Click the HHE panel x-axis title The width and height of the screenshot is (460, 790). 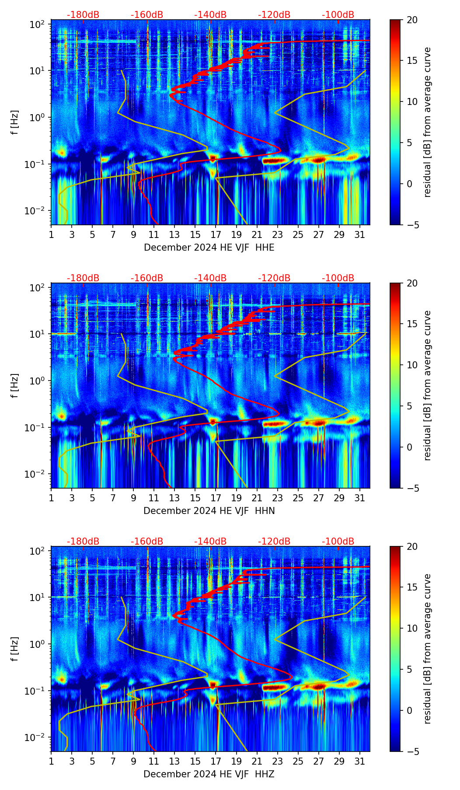209,248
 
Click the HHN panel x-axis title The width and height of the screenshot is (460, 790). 209,511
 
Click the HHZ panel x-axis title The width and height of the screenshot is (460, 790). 209,774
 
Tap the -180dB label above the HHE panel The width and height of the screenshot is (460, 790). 83,15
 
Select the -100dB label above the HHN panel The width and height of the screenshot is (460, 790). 338,278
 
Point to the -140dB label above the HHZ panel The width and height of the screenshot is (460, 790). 210,542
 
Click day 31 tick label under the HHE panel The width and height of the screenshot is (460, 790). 360,234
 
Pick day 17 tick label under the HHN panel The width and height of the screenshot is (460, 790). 216,498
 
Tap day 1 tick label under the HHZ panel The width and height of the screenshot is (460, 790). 51,761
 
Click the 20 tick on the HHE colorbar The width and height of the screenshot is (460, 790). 412,20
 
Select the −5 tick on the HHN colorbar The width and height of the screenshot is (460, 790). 412,488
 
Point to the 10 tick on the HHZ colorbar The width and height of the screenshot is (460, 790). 412,628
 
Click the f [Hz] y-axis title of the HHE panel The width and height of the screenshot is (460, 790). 15,122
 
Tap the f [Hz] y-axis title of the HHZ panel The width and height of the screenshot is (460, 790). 15,649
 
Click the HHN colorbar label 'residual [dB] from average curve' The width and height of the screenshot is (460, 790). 427,385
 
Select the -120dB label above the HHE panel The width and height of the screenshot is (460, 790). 274,15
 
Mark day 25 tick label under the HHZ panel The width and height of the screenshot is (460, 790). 298,761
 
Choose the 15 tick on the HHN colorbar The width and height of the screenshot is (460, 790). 412,324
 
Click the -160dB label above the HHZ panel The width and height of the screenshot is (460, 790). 147,542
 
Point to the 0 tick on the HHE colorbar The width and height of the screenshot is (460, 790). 410,184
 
